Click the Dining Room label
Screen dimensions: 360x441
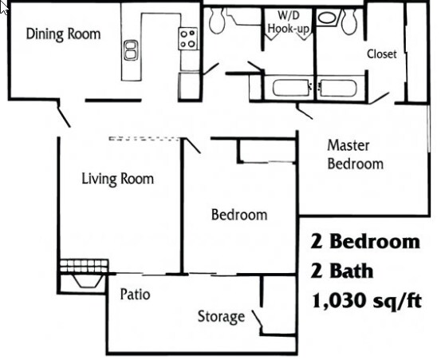tap(64, 34)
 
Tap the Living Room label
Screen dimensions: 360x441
tap(118, 178)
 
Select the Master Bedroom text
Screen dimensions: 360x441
tap(355, 155)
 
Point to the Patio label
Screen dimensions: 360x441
tap(135, 294)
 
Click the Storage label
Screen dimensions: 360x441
tap(221, 317)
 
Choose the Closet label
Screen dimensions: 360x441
tap(381, 54)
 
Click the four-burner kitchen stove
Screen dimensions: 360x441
tap(188, 38)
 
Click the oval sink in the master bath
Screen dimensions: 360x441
tap(327, 16)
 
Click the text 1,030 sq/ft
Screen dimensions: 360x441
tap(363, 301)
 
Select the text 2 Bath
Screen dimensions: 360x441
tap(341, 271)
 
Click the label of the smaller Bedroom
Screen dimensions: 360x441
tap(238, 215)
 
